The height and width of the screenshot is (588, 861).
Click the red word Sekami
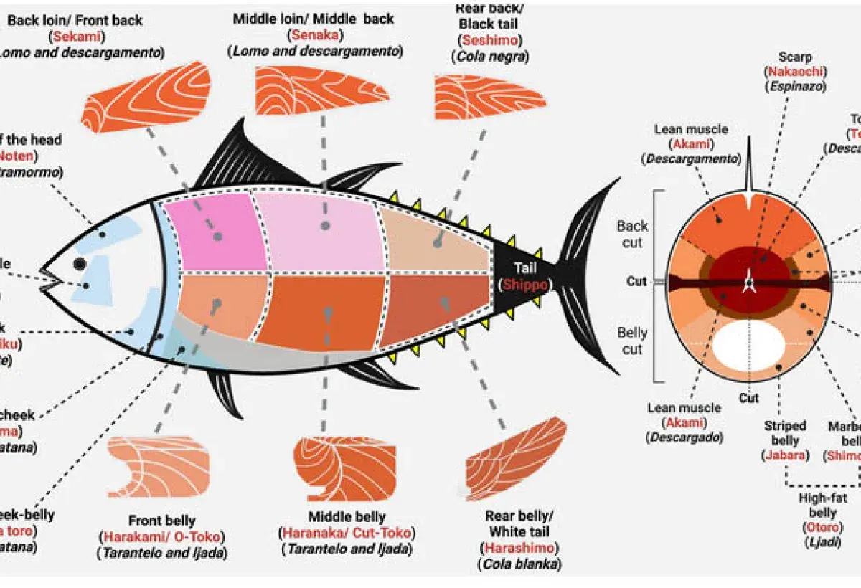pos(74,36)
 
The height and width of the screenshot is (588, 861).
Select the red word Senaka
pos(314,35)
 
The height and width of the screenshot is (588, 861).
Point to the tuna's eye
pos(80,264)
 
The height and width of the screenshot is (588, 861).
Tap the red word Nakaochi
pos(796,72)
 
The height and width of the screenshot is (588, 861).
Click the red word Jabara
pos(785,455)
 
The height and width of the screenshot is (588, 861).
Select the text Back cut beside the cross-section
pos(632,234)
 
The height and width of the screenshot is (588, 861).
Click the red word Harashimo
pos(519,549)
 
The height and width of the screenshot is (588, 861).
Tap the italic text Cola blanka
pos(519,564)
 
